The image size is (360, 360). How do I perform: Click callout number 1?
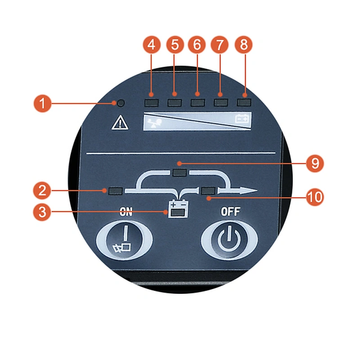pyautogui.click(x=42, y=103)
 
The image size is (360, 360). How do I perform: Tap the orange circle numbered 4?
pyautogui.click(x=152, y=45)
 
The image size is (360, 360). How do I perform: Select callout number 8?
pyautogui.click(x=243, y=45)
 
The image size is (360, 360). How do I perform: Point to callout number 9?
pyautogui.click(x=315, y=164)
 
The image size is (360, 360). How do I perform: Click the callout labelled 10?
pyautogui.click(x=315, y=197)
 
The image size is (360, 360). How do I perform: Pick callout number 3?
pyautogui.click(x=42, y=211)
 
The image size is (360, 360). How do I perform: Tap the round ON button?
pyautogui.click(x=124, y=239)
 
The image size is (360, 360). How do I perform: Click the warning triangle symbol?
pyautogui.click(x=120, y=123)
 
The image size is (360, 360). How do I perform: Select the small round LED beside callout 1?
pyautogui.click(x=121, y=103)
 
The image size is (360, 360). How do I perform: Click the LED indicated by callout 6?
pyautogui.click(x=198, y=103)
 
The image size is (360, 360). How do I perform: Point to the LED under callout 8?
pyautogui.click(x=244, y=103)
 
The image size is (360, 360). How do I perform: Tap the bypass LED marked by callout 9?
pyautogui.click(x=180, y=172)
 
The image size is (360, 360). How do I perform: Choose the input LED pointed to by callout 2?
pyautogui.click(x=115, y=191)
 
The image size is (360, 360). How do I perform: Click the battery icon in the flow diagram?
pyautogui.click(x=178, y=209)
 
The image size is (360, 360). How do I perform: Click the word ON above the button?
pyautogui.click(x=126, y=212)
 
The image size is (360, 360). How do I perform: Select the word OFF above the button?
pyautogui.click(x=230, y=211)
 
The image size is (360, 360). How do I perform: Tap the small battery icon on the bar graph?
pyautogui.click(x=242, y=118)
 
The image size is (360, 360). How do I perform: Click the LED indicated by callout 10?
pyautogui.click(x=208, y=191)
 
